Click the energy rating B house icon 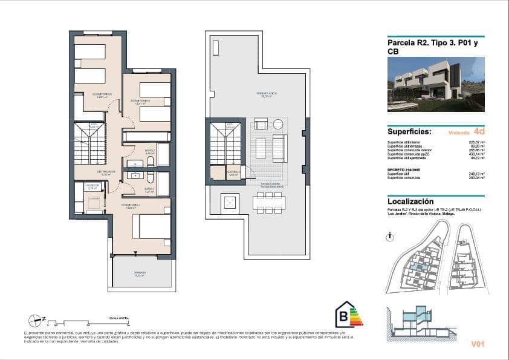[348, 315]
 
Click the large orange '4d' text [479, 131]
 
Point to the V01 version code [478, 344]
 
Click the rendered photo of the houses [435, 84]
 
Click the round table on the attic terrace [277, 124]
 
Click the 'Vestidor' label [92, 186]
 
